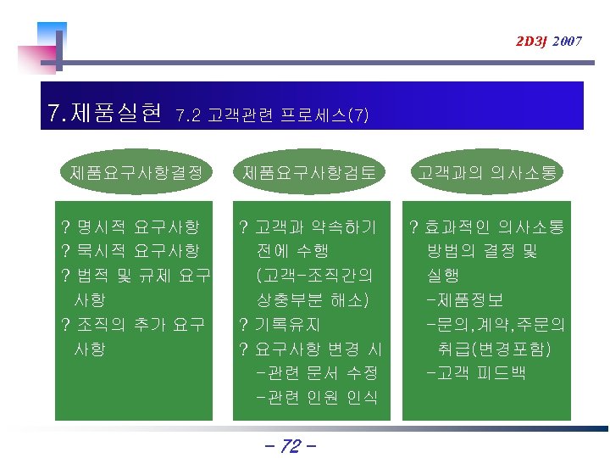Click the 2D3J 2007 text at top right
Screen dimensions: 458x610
[549, 41]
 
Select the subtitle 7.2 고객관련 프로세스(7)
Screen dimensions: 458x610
[271, 115]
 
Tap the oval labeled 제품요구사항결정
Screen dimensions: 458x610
[136, 173]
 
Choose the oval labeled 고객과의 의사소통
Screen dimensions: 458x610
[486, 173]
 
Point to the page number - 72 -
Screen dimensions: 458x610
[289, 445]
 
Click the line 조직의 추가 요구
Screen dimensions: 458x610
[141, 324]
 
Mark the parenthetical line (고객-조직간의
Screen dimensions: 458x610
[314, 276]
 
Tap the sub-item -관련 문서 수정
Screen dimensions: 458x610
[316, 373]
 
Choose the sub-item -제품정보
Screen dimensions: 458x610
[466, 299]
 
